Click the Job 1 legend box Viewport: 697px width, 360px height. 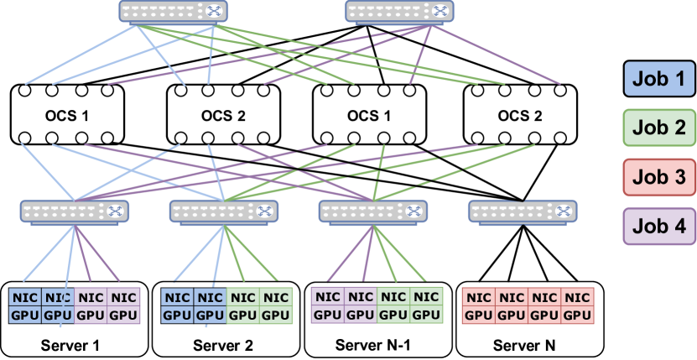[658, 81]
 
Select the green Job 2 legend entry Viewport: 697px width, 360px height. [658, 128]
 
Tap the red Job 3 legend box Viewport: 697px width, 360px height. [658, 177]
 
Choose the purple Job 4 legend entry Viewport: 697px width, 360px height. [658, 225]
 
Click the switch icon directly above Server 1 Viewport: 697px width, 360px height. [72, 211]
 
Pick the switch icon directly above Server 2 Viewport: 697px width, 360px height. [223, 211]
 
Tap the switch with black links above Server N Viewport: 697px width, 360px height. [522, 211]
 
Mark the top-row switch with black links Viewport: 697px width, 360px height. [399, 11]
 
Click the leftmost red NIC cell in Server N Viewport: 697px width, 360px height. [479, 297]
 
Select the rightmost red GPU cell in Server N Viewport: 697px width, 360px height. [577, 315]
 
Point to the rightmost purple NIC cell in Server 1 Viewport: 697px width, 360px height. [123, 297]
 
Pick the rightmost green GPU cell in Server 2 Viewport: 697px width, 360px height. [275, 315]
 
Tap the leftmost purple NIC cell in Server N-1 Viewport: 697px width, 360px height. [328, 297]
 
